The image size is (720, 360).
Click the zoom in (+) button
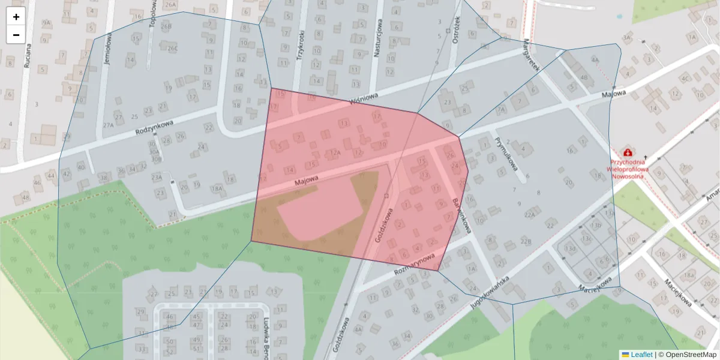pyautogui.click(x=16, y=17)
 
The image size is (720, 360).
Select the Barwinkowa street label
pyautogui.click(x=461, y=215)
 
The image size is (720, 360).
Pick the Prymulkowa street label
pyautogui.click(x=502, y=154)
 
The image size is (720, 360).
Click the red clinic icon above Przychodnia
pyautogui.click(x=628, y=153)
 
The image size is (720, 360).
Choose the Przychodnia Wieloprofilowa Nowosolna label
pyautogui.click(x=628, y=169)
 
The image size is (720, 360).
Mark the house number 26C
pyautogui.click(x=172, y=48)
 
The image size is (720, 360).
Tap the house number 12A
pyautogui.click(x=335, y=153)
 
